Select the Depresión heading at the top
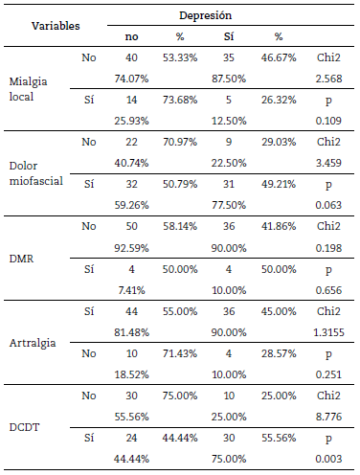tap(205, 16)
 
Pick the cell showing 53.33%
tap(182, 57)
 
